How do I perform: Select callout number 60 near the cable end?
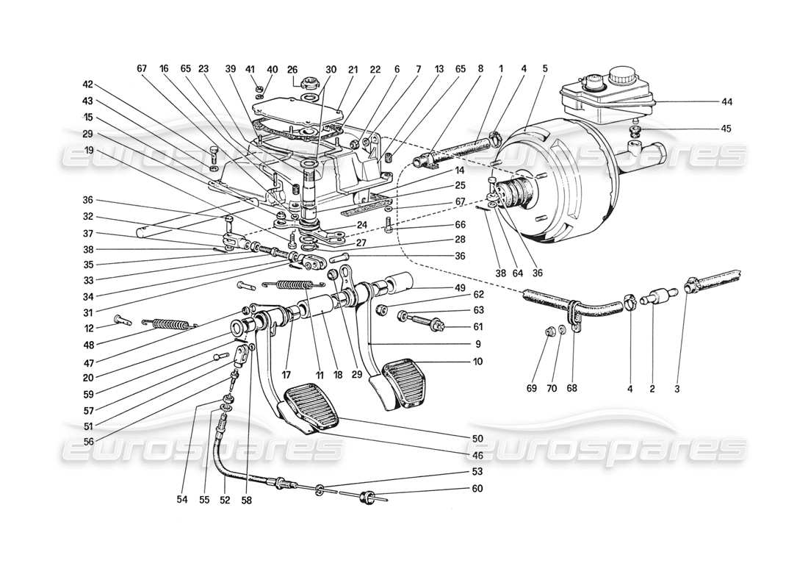[x=478, y=488]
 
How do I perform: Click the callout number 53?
[x=478, y=471]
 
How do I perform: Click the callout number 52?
[x=224, y=500]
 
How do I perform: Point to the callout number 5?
[x=544, y=70]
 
